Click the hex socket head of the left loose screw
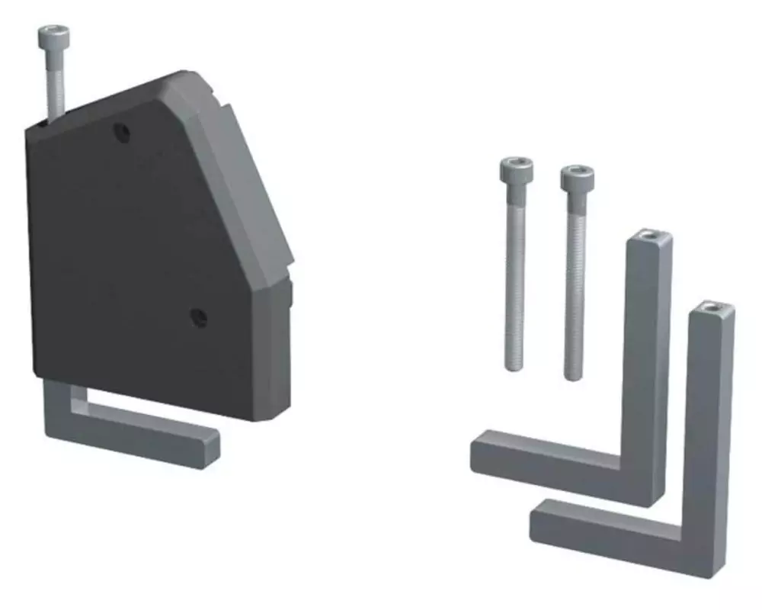tap(517, 169)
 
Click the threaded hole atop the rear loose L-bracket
tap(649, 237)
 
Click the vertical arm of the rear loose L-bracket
tap(648, 343)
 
